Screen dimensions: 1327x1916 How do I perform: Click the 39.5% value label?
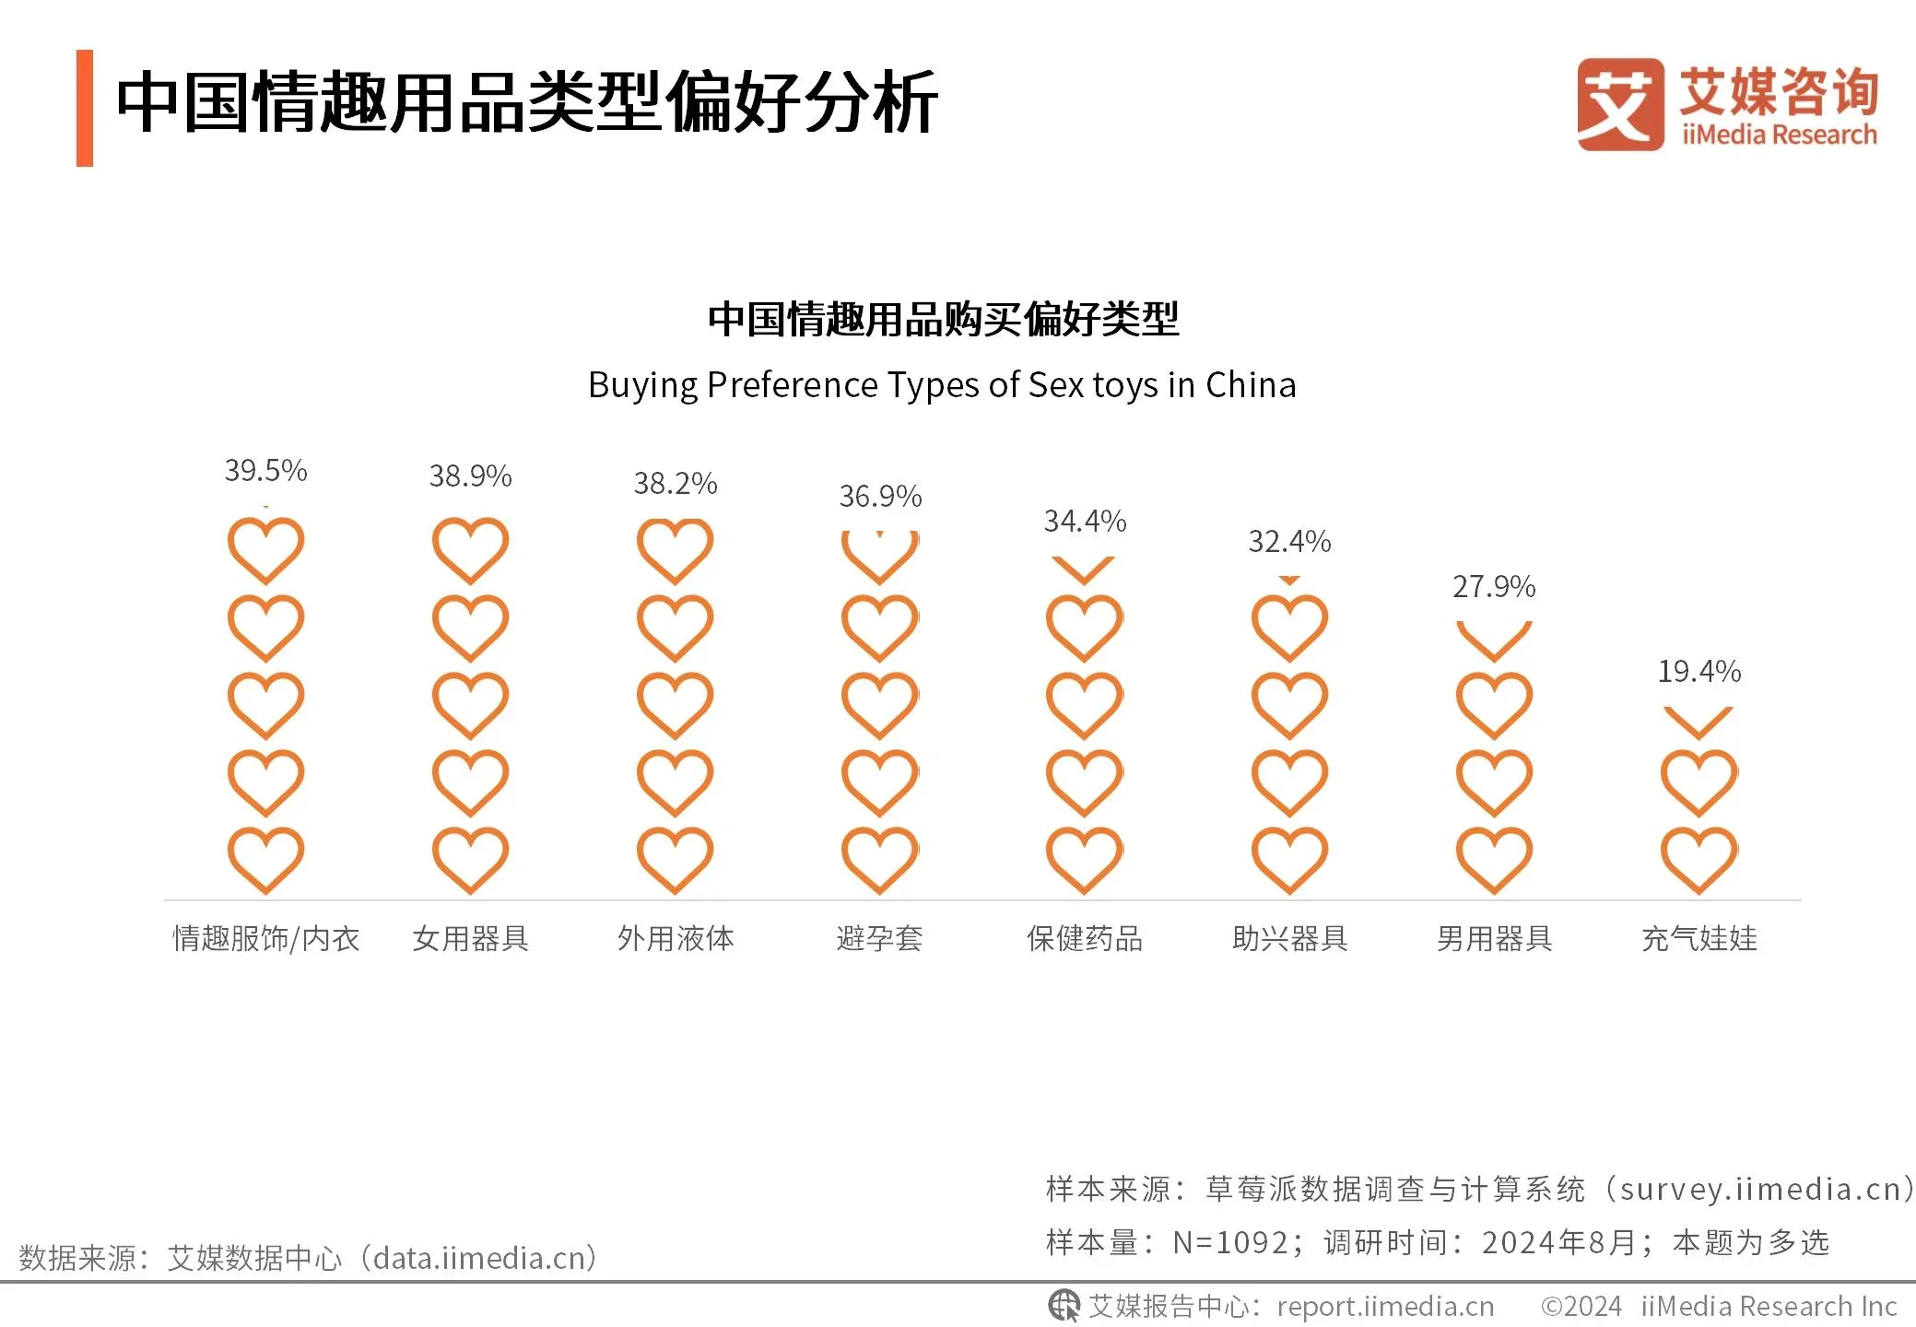click(265, 471)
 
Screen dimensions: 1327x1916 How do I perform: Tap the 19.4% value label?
click(1699, 672)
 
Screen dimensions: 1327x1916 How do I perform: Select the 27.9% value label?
click(1494, 587)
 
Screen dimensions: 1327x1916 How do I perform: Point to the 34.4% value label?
click(1085, 522)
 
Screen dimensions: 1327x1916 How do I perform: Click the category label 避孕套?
click(879, 938)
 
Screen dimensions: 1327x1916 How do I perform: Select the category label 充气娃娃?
click(1699, 938)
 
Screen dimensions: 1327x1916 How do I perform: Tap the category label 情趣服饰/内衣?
click(265, 938)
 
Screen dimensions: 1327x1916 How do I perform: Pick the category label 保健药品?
click(1085, 938)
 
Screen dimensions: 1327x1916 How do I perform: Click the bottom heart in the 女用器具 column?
click(470, 859)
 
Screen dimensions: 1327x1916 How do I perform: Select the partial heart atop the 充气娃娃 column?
click(1699, 722)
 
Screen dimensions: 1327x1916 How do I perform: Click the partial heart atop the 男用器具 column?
click(1494, 640)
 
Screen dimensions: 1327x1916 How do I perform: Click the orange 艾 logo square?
click(1619, 104)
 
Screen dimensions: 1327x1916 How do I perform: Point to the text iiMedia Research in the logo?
click(1779, 135)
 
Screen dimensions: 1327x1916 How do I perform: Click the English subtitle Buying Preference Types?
click(941, 385)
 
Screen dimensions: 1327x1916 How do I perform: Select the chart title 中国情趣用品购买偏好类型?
click(943, 320)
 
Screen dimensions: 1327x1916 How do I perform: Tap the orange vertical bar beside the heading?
click(85, 108)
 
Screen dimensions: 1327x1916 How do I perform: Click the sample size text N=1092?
click(1229, 1243)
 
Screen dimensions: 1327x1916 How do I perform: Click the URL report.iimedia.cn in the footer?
click(1385, 1307)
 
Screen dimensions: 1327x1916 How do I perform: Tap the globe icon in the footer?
click(1064, 1306)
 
